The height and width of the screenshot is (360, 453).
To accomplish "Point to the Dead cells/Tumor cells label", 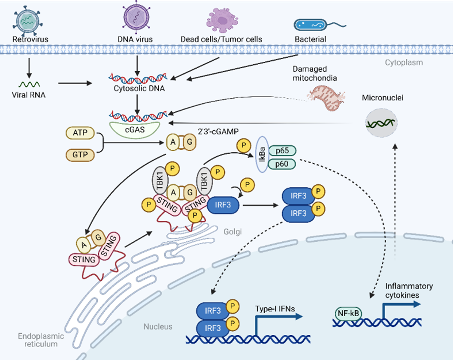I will coord(221,39).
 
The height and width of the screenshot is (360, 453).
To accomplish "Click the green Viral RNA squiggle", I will coord(29,84).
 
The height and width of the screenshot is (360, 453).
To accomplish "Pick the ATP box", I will coord(80,133).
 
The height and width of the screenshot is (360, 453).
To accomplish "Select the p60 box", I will coord(281,164).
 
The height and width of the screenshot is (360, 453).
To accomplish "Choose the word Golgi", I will coord(233,231).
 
